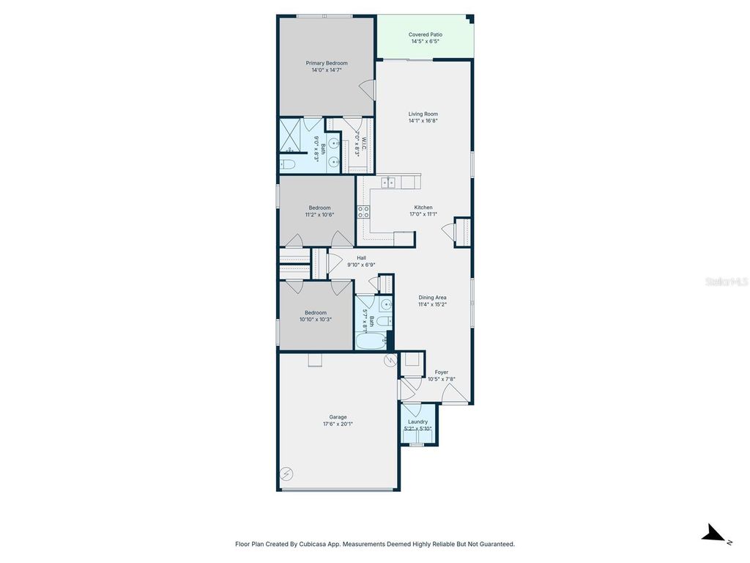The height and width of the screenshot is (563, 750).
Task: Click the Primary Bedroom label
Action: click(327, 63)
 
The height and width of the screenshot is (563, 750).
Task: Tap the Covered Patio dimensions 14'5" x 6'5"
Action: click(425, 42)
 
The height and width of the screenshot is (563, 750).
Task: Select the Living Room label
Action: click(423, 114)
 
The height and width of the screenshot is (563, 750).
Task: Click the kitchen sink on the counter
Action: click(388, 182)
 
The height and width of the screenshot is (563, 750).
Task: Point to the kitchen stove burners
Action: click(363, 213)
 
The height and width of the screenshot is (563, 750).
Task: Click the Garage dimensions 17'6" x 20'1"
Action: click(338, 424)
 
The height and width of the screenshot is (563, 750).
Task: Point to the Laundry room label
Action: click(418, 422)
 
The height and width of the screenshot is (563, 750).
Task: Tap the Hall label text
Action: click(361, 257)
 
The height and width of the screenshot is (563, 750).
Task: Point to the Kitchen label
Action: click(423, 207)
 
